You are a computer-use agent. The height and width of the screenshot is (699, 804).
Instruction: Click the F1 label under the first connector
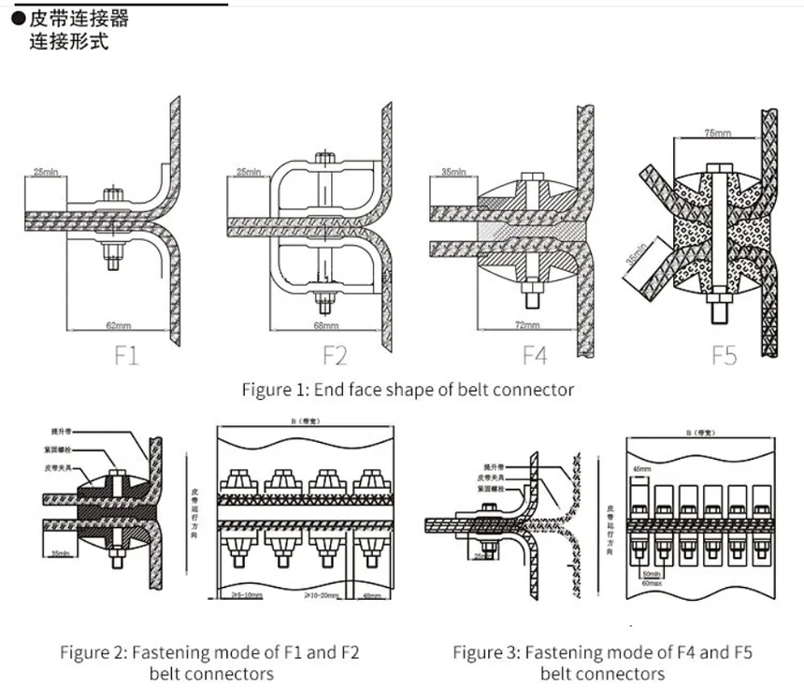(127, 355)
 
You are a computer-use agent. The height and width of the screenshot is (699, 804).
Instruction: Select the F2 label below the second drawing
(336, 355)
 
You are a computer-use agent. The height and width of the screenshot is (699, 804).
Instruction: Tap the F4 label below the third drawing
(535, 355)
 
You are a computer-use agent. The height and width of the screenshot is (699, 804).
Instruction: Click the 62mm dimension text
(117, 325)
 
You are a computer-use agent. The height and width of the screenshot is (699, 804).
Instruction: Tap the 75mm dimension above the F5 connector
(717, 135)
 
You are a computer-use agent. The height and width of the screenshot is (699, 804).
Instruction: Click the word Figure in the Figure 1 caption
(267, 389)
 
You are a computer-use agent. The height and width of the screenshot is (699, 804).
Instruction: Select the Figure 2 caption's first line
(209, 651)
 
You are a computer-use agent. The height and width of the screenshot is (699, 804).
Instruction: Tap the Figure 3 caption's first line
(602, 651)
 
